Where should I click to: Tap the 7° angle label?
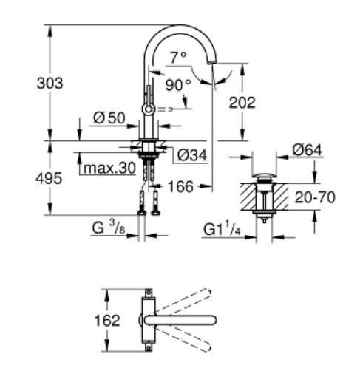click(x=177, y=56)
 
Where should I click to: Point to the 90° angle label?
click(x=177, y=84)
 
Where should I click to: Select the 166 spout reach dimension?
click(x=181, y=187)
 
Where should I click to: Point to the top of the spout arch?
click(x=181, y=27)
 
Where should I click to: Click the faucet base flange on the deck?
click(x=151, y=142)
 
